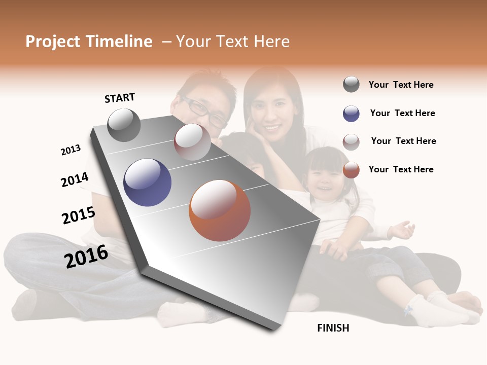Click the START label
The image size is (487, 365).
pos(120,98)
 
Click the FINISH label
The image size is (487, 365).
pos(333,328)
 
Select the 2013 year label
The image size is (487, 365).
pos(71,150)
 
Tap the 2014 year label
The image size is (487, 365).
pos(75,179)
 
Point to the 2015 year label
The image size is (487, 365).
pos(79,215)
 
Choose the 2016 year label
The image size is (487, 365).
pos(86,255)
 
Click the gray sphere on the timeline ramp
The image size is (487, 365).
pos(124,125)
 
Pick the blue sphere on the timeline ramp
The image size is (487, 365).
pos(147,182)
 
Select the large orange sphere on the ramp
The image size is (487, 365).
pos(219,210)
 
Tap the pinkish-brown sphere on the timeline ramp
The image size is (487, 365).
pos(192,142)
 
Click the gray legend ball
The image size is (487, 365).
pos(351,85)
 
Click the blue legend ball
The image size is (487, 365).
pos(351,114)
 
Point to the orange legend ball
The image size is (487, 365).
pos(351,170)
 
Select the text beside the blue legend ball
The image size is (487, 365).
pos(402,113)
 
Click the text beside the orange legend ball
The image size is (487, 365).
pos(401,169)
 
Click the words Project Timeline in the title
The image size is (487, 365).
pos(89,42)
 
